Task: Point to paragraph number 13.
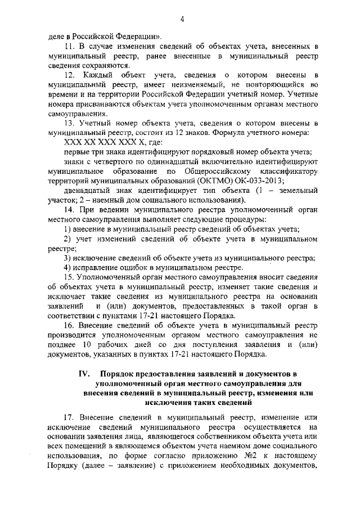pyautogui.click(x=70, y=123)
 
